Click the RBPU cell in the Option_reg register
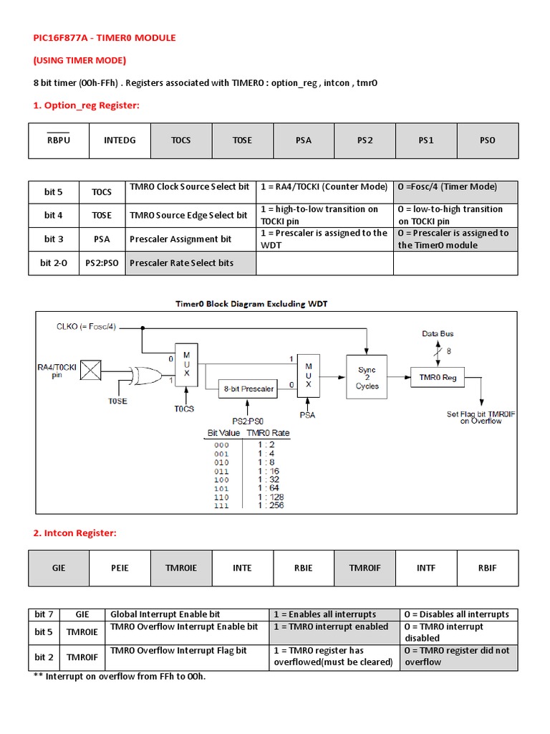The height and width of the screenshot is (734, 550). click(59, 140)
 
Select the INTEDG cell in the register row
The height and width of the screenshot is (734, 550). click(120, 140)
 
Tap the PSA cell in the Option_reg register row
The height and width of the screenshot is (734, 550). click(304, 140)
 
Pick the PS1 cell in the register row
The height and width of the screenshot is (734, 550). click(426, 140)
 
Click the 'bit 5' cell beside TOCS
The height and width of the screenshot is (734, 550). click(54, 191)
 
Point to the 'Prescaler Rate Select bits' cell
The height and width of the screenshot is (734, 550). click(190, 263)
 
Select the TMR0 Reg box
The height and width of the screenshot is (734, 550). click(438, 377)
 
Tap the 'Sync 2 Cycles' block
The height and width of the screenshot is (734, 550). click(367, 378)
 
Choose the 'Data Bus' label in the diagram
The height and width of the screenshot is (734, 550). click(437, 334)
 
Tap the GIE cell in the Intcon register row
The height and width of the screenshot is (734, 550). click(59, 568)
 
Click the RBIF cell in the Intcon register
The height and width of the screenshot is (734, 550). click(488, 568)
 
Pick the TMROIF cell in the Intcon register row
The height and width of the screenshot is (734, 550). click(365, 568)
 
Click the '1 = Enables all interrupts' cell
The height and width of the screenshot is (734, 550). click(334, 614)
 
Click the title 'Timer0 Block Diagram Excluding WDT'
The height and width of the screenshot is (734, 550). click(251, 304)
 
